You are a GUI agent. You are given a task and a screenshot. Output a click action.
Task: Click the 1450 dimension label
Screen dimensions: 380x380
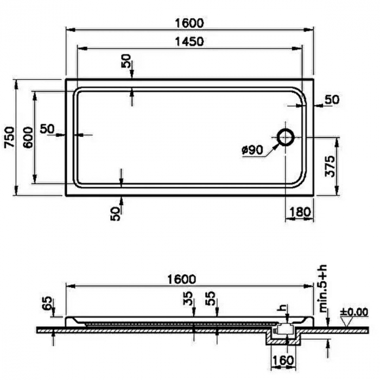click(x=189, y=42)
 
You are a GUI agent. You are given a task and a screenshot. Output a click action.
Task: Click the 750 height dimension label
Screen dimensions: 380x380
click(x=10, y=137)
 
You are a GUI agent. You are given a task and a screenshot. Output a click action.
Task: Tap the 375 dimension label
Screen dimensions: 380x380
click(x=330, y=167)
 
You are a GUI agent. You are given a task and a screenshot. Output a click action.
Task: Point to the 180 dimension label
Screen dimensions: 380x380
click(x=300, y=212)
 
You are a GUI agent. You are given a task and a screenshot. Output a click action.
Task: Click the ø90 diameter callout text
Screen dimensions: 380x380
click(x=252, y=150)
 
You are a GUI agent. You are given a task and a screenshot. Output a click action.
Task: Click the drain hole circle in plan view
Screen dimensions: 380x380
click(x=286, y=137)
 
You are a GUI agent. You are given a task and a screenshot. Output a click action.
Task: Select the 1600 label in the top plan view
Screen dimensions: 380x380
click(x=189, y=23)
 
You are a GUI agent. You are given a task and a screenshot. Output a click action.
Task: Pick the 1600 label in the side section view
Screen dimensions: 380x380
click(x=181, y=280)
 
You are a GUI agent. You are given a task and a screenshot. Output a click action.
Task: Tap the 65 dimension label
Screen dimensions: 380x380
click(x=48, y=303)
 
